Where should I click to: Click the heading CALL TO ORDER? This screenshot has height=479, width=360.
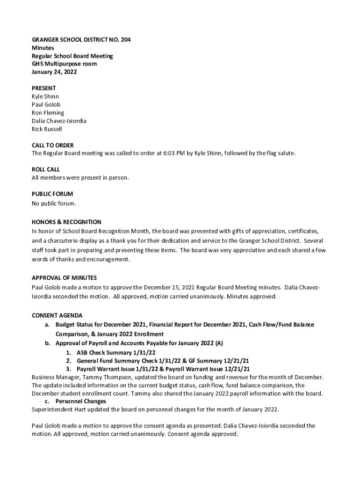pos(52,145)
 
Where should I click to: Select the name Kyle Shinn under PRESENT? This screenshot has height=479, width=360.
pos(45,96)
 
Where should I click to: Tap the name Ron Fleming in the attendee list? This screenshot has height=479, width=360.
pos(48,113)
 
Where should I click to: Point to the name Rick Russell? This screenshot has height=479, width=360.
pos(47,129)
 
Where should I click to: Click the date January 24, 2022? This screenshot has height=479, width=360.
pos(54,72)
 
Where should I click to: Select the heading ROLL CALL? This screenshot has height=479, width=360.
pos(45,169)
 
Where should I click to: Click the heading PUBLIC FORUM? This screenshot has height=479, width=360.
pos(52,194)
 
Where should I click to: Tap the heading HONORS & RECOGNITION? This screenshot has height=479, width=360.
pos(66,222)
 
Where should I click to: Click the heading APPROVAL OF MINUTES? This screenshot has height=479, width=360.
pos(64,278)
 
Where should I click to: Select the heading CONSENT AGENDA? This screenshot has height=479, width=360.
pos(57,315)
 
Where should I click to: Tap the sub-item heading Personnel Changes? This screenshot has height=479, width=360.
pos(81,401)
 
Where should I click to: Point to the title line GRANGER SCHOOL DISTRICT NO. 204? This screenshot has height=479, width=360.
pos(81,40)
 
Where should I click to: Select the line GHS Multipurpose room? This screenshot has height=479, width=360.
pos(64,64)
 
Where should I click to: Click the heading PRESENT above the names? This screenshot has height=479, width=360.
pos(43,88)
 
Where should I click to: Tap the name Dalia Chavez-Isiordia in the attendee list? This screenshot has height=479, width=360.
pos(59,121)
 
